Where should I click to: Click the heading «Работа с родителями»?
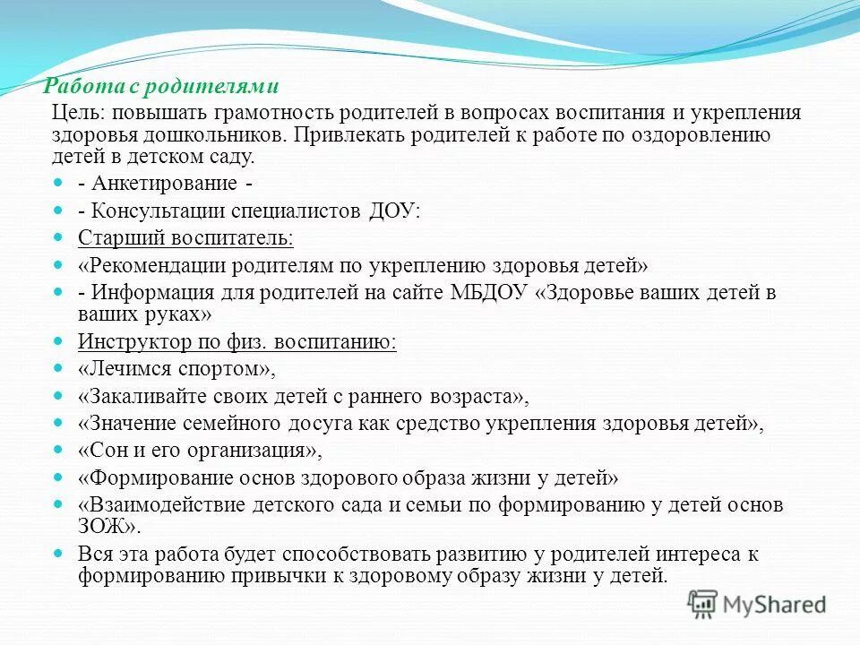(x=163, y=87)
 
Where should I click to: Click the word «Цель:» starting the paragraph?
(x=78, y=113)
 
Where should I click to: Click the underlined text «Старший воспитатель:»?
(x=185, y=238)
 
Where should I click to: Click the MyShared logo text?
(x=775, y=605)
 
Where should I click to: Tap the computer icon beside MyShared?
(x=703, y=603)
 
